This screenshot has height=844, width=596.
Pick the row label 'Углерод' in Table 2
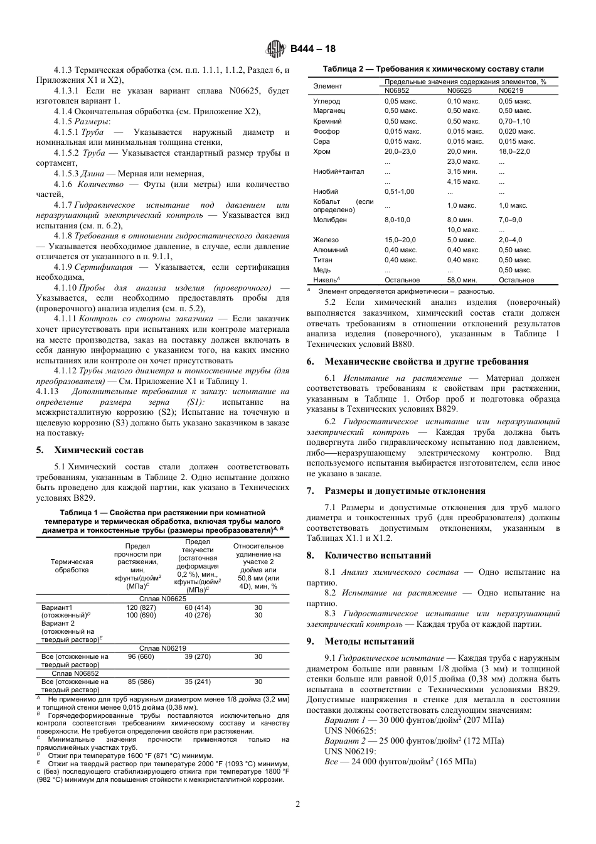tap(326, 101)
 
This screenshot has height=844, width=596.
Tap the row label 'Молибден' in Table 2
tap(329, 220)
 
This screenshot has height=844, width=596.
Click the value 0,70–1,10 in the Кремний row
tap(514, 121)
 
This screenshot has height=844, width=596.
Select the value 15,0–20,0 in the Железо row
tap(400, 240)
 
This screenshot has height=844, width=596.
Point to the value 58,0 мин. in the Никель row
tap(462, 280)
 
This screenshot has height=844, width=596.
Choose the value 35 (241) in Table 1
tap(198, 681)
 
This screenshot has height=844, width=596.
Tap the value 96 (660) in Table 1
tap(141, 656)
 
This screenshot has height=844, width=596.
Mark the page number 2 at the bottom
tap(298, 804)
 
